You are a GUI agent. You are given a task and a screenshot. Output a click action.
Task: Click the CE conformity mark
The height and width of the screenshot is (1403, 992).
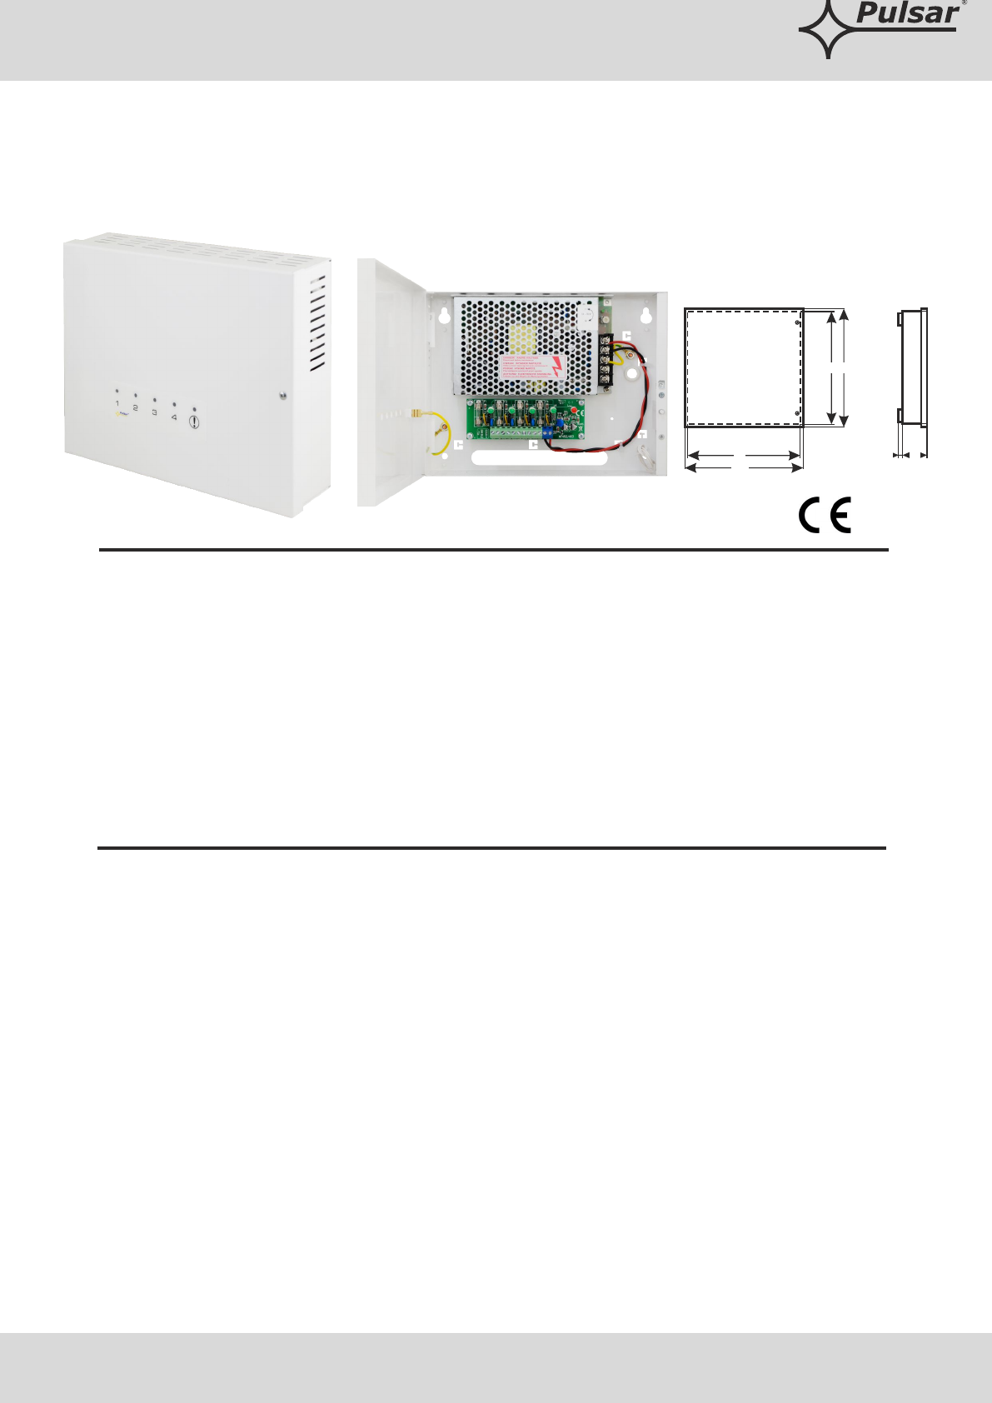point(825,516)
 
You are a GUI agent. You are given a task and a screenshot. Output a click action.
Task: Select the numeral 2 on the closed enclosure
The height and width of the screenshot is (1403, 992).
point(135,408)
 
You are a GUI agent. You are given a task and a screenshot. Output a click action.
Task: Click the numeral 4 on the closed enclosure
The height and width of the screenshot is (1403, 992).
point(173,417)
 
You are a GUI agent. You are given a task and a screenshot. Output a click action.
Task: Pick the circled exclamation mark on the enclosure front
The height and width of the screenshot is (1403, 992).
point(194,422)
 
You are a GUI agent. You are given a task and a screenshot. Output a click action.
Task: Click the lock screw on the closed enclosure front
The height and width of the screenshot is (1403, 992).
point(283,395)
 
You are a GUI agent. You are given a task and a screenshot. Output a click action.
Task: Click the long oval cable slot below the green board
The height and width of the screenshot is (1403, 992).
point(539,459)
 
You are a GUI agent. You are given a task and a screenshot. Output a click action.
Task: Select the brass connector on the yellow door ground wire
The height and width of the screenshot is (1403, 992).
point(416,414)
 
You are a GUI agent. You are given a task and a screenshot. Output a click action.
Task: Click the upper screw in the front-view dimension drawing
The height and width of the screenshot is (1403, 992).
point(797,322)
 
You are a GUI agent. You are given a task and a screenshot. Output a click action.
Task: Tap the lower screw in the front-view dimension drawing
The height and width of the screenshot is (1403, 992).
point(797,413)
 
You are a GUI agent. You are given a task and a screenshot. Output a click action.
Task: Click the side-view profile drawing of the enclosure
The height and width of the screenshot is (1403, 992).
point(911,367)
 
